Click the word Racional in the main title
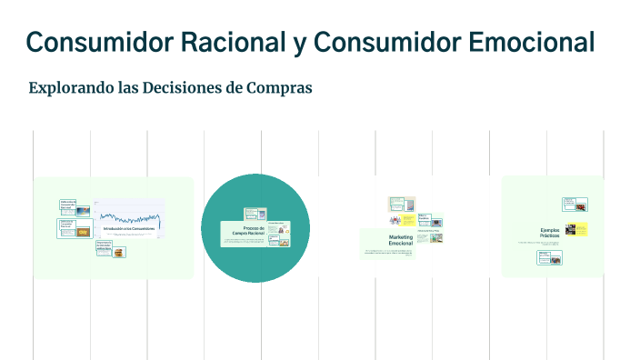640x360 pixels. [239, 42]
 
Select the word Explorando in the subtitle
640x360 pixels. [69, 88]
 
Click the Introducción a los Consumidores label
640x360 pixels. [127, 228]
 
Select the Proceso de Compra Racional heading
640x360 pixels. [247, 231]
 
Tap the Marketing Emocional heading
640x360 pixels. [400, 240]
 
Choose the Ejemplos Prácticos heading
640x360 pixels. [551, 233]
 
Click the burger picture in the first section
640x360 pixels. [84, 233]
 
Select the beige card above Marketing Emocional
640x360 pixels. [396, 204]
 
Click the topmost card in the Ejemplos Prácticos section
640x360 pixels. [575, 204]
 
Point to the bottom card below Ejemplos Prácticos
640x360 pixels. [549, 257]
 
